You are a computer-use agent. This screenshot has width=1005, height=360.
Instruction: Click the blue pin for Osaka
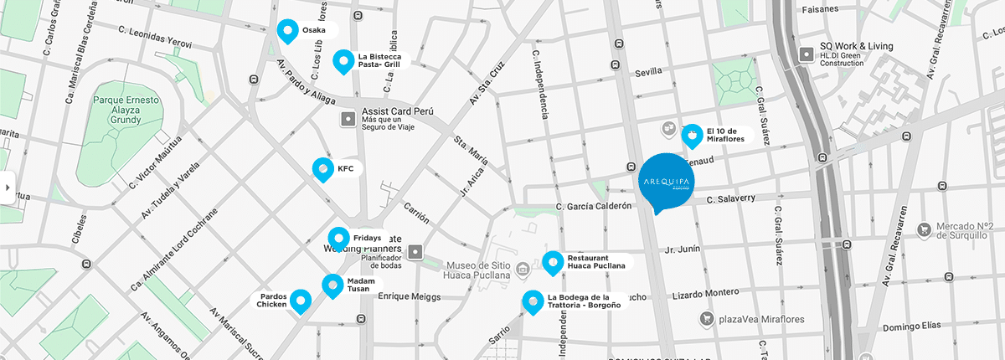(x=288, y=31)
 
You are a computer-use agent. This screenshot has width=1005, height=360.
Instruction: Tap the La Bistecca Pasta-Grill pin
(x=343, y=61)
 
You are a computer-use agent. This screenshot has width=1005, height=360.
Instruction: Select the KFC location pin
(x=322, y=169)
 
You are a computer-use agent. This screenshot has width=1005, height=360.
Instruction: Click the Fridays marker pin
(x=338, y=239)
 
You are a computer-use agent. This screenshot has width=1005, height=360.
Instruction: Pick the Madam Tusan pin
(x=332, y=285)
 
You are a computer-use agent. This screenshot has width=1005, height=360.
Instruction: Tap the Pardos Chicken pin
(x=300, y=301)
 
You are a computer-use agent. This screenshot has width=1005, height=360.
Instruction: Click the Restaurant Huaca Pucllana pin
(x=553, y=263)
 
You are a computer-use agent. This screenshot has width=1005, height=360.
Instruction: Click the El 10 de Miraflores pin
(x=693, y=135)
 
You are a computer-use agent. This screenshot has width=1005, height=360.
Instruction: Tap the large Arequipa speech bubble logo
(x=667, y=182)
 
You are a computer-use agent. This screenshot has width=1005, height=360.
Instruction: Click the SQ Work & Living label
(x=856, y=46)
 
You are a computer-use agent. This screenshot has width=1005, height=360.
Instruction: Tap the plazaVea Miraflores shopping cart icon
(x=708, y=318)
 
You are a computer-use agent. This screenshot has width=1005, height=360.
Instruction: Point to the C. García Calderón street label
(x=592, y=206)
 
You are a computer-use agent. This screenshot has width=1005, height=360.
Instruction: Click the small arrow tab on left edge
(x=8, y=188)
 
